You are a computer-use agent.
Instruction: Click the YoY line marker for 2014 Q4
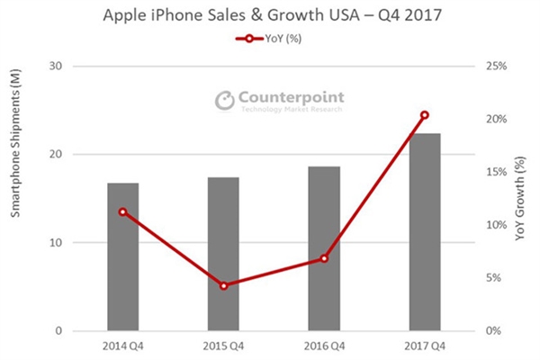click(122, 211)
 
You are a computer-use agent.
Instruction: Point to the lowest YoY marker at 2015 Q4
click(223, 285)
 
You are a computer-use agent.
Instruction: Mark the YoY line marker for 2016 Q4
click(324, 258)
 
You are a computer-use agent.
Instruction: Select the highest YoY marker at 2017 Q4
click(425, 115)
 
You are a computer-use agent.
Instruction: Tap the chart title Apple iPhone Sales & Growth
click(269, 16)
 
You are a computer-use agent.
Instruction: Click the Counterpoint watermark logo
click(279, 100)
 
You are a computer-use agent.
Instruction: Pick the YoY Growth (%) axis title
click(521, 198)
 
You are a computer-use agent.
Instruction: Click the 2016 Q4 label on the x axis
click(324, 346)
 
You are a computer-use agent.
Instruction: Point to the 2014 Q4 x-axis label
click(122, 346)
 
